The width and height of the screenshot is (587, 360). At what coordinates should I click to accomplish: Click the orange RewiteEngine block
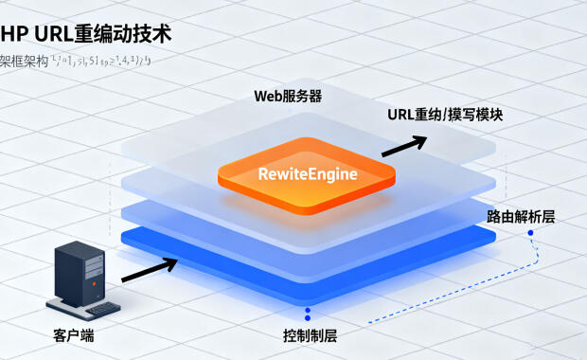pos(305,174)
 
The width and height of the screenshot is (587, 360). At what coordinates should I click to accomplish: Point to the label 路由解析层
pos(521,217)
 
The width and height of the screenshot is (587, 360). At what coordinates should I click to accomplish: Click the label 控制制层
pos(311,336)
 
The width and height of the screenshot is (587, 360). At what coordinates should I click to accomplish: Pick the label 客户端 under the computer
pos(74,335)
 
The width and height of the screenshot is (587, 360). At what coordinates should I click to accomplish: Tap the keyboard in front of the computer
pos(95,309)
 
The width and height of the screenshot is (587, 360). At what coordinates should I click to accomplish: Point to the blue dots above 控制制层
pos(306,314)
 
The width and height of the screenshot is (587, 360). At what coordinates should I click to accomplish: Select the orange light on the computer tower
pos(92,258)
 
